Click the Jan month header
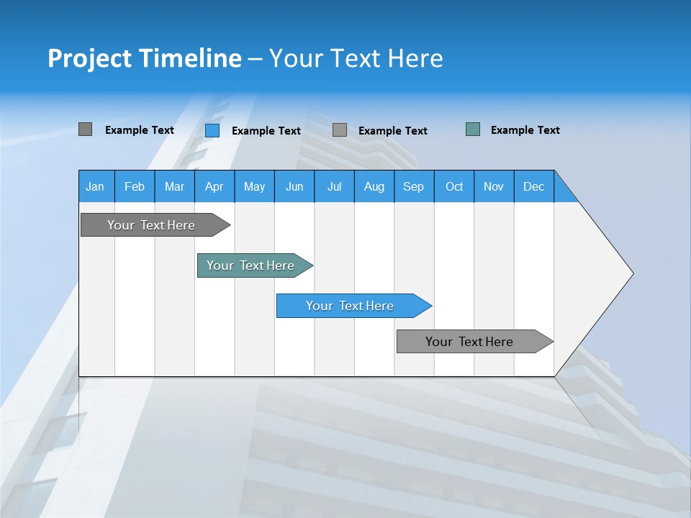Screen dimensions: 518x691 click(x=95, y=186)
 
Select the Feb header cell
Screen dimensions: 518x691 click(x=135, y=186)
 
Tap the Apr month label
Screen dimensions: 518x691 click(x=214, y=186)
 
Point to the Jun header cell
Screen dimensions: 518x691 click(x=294, y=186)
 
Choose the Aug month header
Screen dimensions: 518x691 click(x=374, y=186)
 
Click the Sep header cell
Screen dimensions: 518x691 click(x=414, y=186)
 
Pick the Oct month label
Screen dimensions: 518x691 click(x=454, y=186)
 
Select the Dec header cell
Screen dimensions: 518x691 click(x=534, y=186)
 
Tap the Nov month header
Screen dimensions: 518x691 click(x=494, y=186)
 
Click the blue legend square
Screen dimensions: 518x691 click(x=212, y=130)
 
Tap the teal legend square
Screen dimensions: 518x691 click(x=473, y=129)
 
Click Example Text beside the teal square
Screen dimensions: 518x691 click(x=525, y=130)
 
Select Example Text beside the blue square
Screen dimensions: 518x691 click(x=266, y=131)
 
